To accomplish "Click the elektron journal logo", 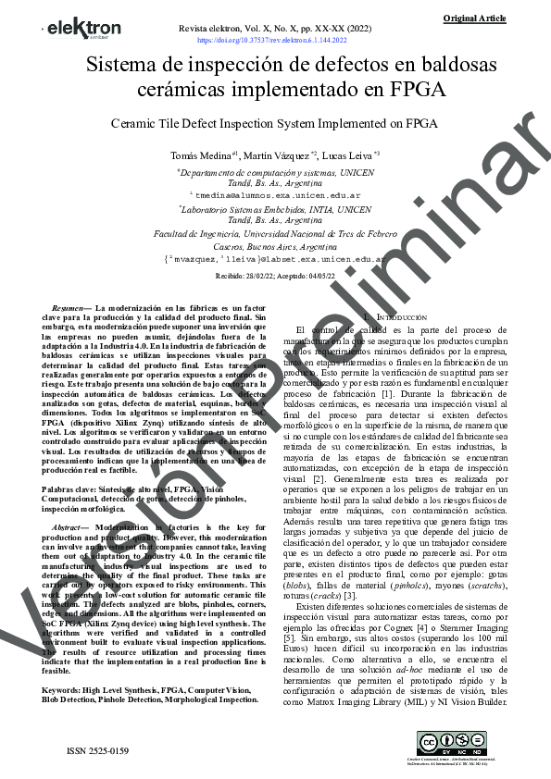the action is pyautogui.click(x=82, y=28).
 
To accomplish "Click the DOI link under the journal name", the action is pyautogui.click(x=272, y=41).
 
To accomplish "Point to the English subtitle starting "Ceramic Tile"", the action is pyautogui.click(x=273, y=122).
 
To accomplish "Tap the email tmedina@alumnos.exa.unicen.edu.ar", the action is pyautogui.click(x=275, y=196).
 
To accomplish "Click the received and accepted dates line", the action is pyautogui.click(x=275, y=275).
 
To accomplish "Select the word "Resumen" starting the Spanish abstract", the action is pyautogui.click(x=69, y=307).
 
